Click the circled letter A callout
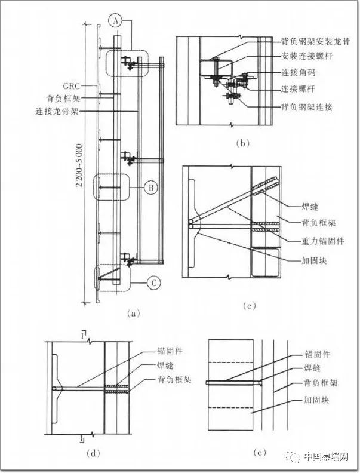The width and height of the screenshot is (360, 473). [x=116, y=20]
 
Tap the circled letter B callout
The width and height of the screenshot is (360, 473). [x=152, y=188]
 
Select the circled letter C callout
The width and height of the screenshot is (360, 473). [x=153, y=283]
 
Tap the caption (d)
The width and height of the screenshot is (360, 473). [x=93, y=453]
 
